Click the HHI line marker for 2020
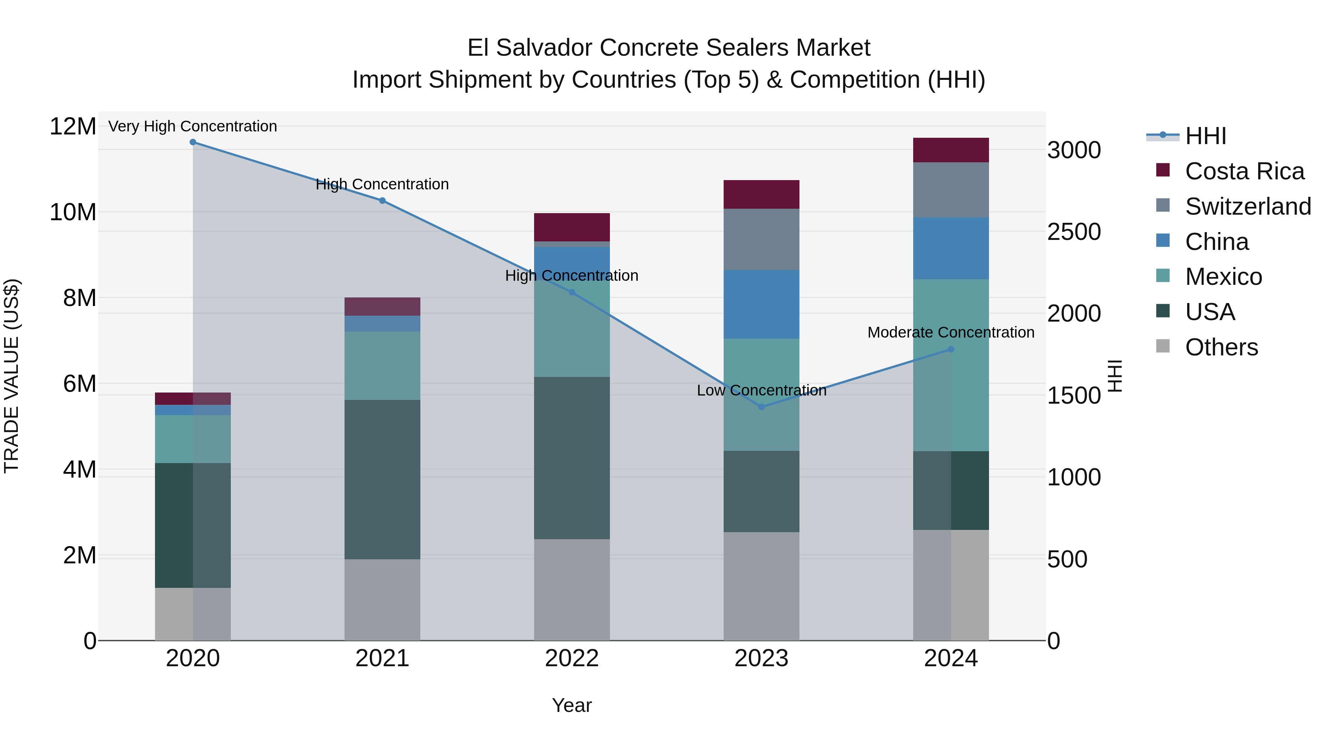[x=193, y=142]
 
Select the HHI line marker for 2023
[x=762, y=407]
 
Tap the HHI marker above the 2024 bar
[x=951, y=349]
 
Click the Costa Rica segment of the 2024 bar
[x=951, y=150]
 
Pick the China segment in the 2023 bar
[x=762, y=304]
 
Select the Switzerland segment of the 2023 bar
[x=762, y=239]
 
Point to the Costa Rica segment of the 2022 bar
[x=572, y=227]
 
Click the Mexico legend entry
[x=1223, y=277]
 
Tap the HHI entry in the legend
[x=1205, y=136]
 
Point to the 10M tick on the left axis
[x=73, y=212]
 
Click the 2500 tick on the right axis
[x=1074, y=232]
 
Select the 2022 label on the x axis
[x=572, y=658]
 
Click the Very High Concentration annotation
[x=193, y=126]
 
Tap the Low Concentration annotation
[x=762, y=390]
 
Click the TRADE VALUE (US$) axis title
[x=12, y=376]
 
